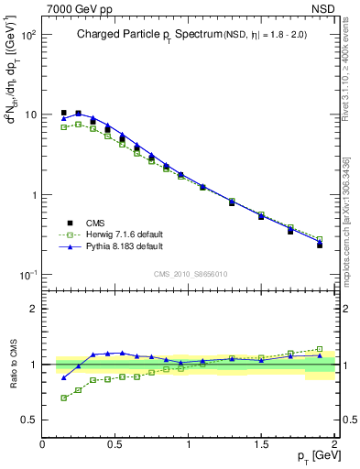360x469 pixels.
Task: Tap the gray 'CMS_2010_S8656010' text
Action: point(190,274)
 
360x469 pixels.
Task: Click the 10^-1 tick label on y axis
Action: point(27,276)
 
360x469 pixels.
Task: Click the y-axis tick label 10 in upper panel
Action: point(29,115)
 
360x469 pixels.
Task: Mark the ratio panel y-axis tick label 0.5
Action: point(27,420)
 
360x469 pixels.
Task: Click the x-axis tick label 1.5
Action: point(261,444)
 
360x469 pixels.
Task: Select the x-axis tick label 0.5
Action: point(115,444)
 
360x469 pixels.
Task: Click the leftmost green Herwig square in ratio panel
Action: point(63,398)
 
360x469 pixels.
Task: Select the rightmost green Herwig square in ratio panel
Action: point(320,349)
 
